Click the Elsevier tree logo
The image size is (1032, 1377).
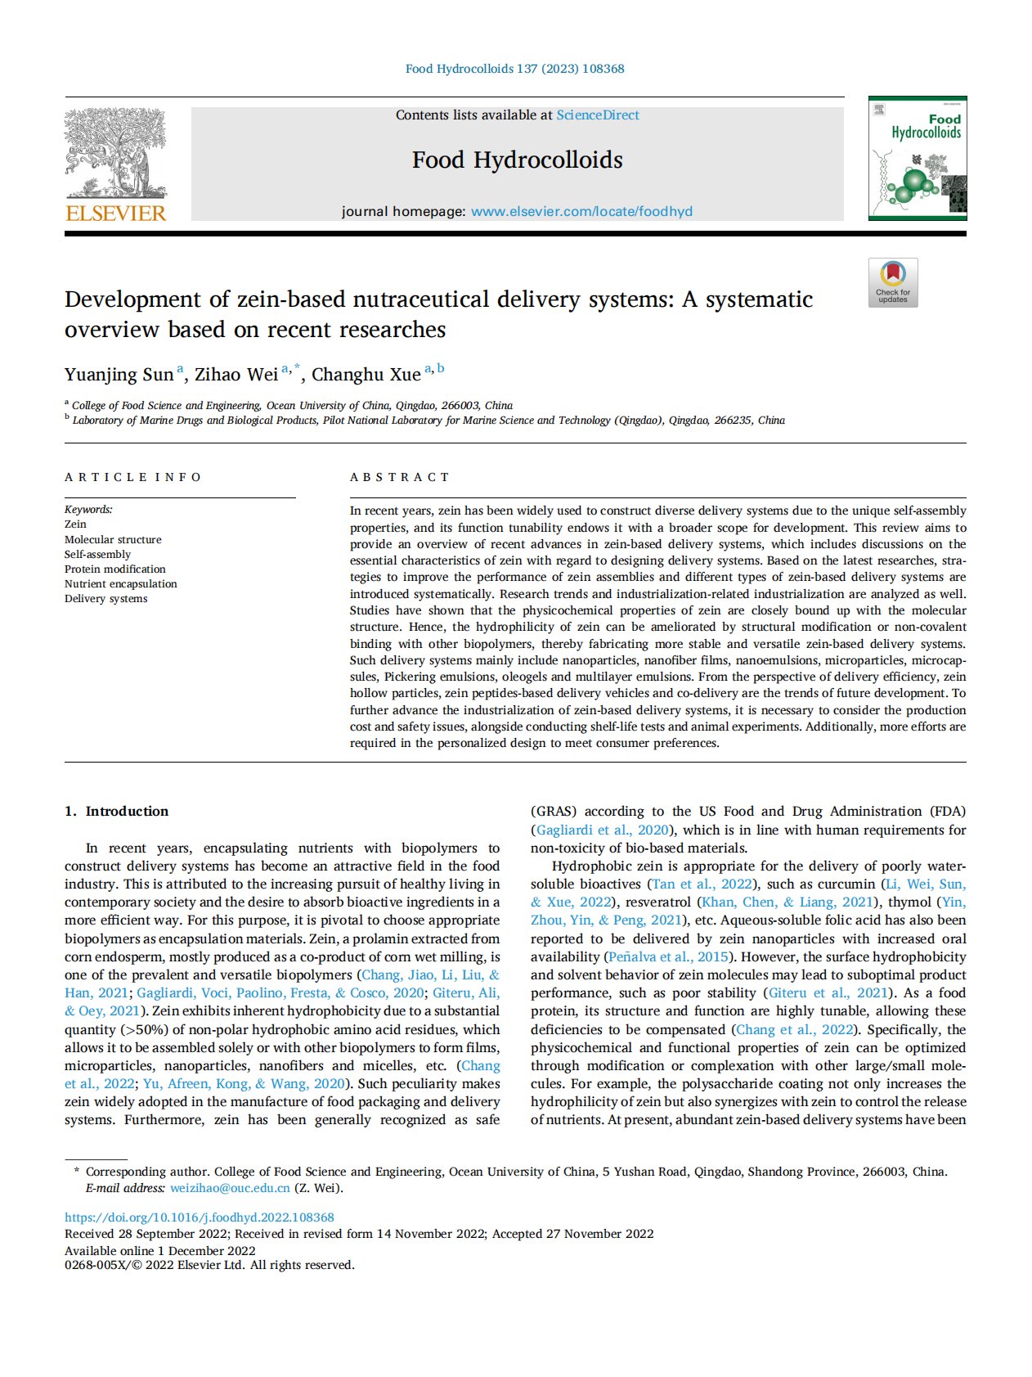coord(115,154)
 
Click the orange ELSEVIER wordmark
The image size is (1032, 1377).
coord(115,214)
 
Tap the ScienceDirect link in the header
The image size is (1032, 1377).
coord(597,115)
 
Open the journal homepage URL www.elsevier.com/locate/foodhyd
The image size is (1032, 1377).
coord(581,211)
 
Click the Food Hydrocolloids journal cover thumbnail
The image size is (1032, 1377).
coord(917,159)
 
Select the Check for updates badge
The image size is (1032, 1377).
coord(893,283)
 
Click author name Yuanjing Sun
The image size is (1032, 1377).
coord(119,375)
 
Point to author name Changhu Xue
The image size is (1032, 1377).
coord(366,375)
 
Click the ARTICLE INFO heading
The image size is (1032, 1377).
coord(132,477)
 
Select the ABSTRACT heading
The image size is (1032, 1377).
coord(400,477)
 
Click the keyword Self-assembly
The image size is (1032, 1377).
coord(97,554)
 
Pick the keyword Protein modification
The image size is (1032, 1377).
coord(114,569)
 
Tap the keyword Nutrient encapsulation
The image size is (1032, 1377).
coord(120,583)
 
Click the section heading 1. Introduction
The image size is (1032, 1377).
coord(117,811)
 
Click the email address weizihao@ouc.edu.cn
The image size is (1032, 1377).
coord(230,1188)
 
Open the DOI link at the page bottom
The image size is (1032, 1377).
coord(199,1217)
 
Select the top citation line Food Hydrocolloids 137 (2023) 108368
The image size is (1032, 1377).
coord(514,69)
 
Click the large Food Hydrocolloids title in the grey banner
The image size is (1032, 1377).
coord(517,160)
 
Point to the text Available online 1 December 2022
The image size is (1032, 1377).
coord(159,1250)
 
